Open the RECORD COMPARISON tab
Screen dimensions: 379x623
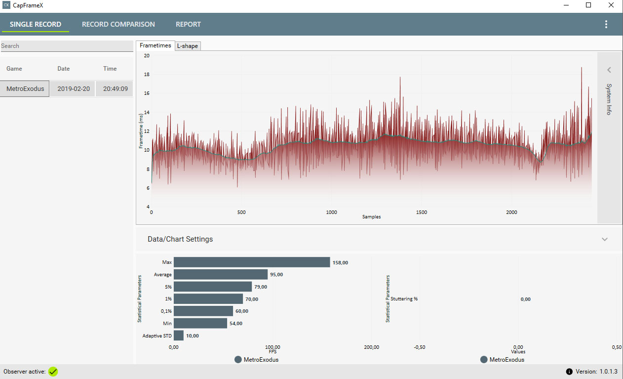coord(118,24)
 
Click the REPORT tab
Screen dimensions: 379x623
coord(188,24)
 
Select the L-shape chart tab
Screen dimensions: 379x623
coord(188,46)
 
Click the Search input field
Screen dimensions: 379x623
coord(67,46)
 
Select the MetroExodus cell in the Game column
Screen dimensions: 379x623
coord(25,89)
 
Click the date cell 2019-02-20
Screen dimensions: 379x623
coord(74,89)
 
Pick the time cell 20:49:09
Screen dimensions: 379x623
coord(115,89)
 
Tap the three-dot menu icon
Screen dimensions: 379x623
coord(606,24)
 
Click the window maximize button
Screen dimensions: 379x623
coord(588,5)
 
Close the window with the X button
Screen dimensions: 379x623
coord(611,5)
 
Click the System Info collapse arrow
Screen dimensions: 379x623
coord(609,70)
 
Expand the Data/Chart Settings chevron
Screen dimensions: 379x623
coord(605,239)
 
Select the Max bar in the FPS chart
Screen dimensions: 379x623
coord(252,262)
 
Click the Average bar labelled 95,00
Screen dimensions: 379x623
coord(221,274)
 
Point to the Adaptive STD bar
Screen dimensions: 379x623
coord(179,336)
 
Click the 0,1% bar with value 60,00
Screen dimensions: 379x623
coord(203,311)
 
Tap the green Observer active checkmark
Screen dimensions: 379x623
coord(53,372)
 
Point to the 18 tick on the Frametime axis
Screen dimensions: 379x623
coord(147,75)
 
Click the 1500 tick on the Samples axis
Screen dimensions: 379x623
coord(422,212)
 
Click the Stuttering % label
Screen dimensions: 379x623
coord(404,299)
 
